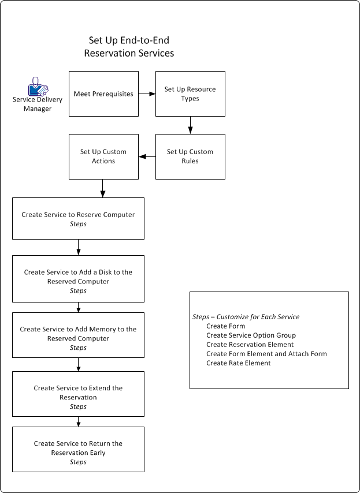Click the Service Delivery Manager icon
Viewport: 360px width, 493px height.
coord(38,86)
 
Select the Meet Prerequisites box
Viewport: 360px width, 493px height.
coord(103,94)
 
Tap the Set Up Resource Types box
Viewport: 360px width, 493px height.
coord(190,94)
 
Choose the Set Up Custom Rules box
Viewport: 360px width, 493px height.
coord(190,156)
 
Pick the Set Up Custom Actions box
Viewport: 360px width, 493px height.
coord(103,156)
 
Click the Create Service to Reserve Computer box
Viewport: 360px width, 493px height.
coord(78,218)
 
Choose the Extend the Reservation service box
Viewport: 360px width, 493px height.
coord(78,393)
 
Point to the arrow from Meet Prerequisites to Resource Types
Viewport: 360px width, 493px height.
coord(147,94)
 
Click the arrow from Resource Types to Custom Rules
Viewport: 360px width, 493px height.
coord(190,125)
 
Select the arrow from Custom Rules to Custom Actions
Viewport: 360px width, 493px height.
coord(147,156)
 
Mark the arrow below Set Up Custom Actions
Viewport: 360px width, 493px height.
coord(103,188)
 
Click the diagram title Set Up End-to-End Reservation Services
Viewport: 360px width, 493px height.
coord(129,47)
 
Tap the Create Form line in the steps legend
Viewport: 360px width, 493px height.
coord(225,326)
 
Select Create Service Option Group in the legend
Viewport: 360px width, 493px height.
coord(251,335)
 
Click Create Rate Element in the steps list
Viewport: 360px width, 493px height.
coord(238,363)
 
